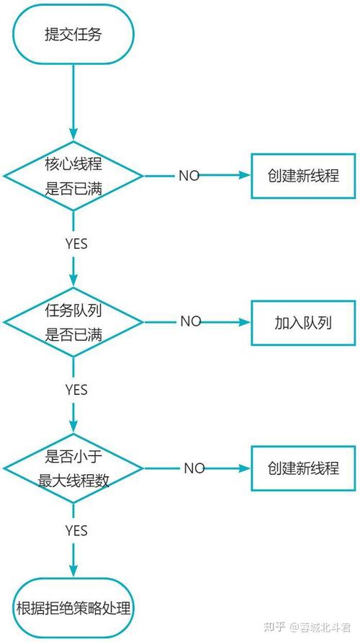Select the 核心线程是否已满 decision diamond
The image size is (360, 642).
tap(74, 175)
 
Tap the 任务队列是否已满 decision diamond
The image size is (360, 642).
tap(74, 321)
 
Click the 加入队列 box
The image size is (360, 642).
tap(303, 321)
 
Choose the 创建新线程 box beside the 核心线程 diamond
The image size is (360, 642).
tap(303, 175)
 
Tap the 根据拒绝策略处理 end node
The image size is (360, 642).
tap(73, 607)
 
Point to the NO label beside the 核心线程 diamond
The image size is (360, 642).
tap(189, 176)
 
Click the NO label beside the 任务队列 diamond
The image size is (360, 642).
tap(190, 321)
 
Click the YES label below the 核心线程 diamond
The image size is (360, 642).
tap(76, 244)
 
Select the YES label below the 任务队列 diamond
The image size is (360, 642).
tap(76, 390)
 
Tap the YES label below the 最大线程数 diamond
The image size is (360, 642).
tap(76, 531)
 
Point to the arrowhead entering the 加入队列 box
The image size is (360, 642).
tap(245, 321)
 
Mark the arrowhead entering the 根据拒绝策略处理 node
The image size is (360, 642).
tap(74, 571)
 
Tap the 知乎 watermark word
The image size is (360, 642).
tap(274, 625)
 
